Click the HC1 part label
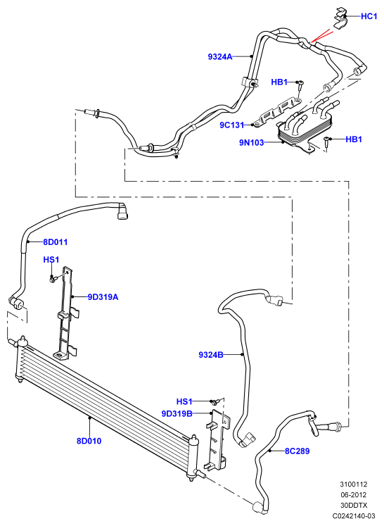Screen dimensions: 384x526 369,16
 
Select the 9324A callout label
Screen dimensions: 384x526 220,57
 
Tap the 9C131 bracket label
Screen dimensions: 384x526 232,125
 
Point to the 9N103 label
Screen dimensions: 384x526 251,142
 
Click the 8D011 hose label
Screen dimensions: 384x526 56,242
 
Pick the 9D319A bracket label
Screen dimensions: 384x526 103,297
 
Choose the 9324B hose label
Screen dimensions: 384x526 211,355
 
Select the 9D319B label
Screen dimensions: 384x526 177,413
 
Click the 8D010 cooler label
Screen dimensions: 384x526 89,441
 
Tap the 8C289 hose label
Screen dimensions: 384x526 297,451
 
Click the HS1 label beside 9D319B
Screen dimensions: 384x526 184,401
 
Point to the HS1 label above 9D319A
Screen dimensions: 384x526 51,260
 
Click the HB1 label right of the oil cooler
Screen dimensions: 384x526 354,139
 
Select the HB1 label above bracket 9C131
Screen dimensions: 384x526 279,82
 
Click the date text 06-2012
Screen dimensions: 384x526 354,495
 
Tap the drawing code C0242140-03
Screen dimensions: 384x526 354,515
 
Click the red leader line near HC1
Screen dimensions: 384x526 322,36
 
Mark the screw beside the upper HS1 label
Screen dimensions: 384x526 53,278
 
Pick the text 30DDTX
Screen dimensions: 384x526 354,505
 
